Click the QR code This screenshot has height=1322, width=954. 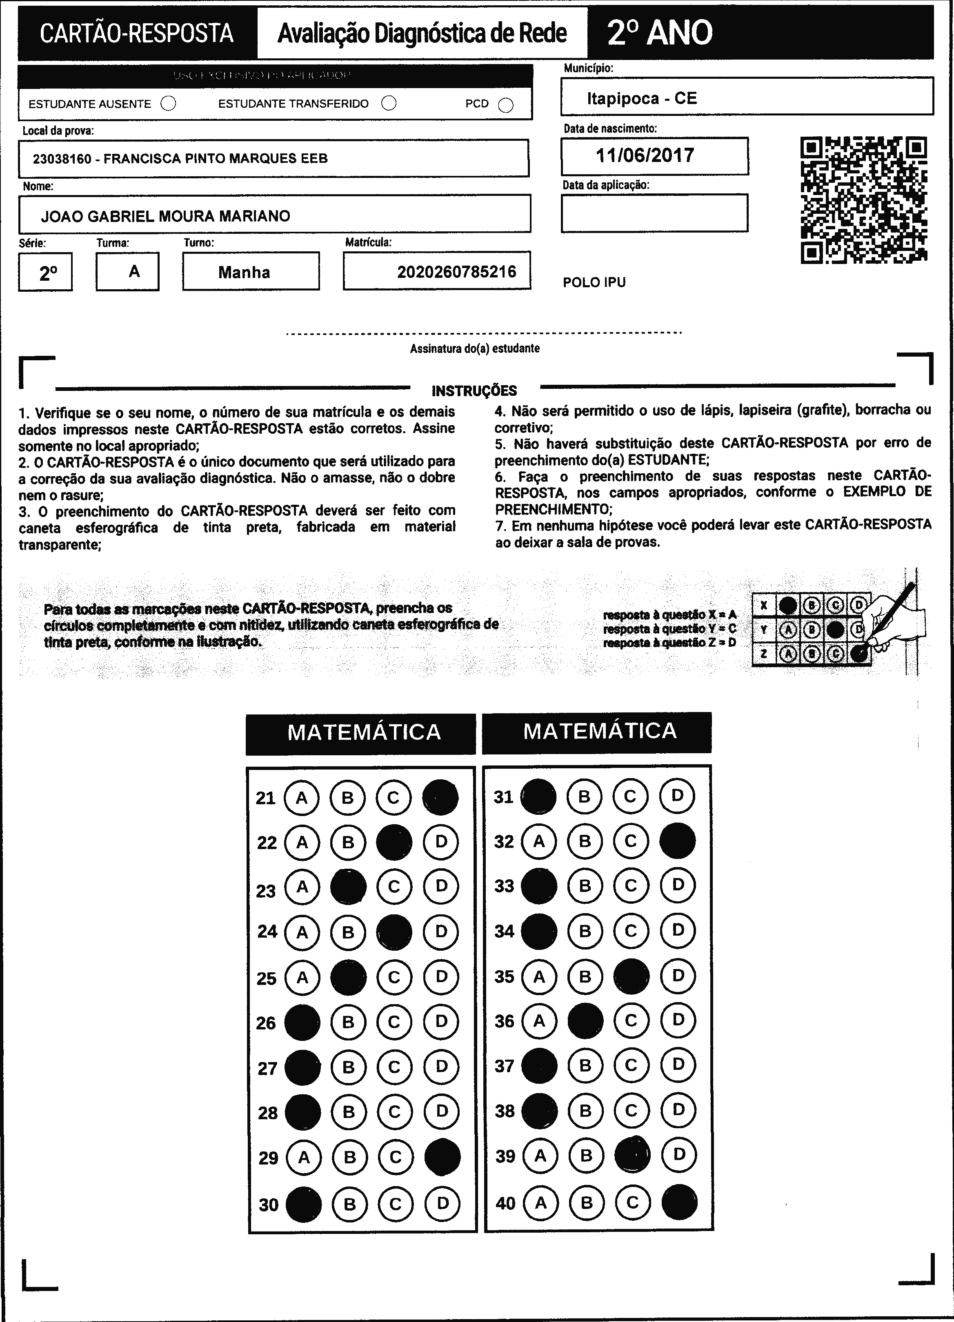[x=864, y=200]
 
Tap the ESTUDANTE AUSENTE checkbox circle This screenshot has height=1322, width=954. [x=168, y=104]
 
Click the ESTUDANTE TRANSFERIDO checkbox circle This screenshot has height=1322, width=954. [x=389, y=103]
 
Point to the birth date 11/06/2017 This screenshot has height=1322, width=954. [x=645, y=155]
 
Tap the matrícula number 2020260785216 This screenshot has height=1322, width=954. [x=457, y=272]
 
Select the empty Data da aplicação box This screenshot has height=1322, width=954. [x=654, y=213]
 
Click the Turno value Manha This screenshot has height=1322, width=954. [x=245, y=272]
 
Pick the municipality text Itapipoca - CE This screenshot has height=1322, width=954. [x=642, y=98]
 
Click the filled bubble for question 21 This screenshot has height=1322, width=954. [x=440, y=797]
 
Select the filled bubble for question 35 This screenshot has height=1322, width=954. [x=632, y=976]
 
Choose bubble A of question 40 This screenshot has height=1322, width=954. [x=540, y=1202]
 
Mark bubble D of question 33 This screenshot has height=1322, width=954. [x=678, y=886]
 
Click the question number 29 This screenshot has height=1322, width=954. [x=268, y=1158]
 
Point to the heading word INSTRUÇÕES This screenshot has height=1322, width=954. [x=474, y=390]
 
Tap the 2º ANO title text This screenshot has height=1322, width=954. [x=660, y=33]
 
